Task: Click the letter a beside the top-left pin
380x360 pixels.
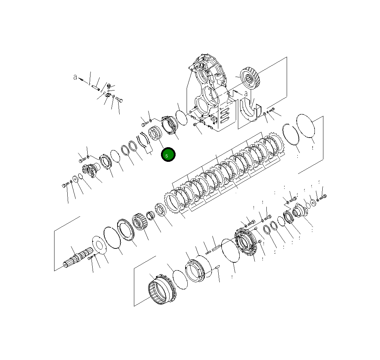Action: (75, 77)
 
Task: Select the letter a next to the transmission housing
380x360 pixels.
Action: (246, 94)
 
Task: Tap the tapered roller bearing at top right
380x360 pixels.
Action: (251, 79)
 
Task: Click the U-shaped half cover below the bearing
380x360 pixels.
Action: (249, 109)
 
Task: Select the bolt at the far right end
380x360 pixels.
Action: (323, 196)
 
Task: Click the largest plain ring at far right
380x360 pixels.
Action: (306, 125)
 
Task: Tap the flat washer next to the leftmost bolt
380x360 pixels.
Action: (76, 178)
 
